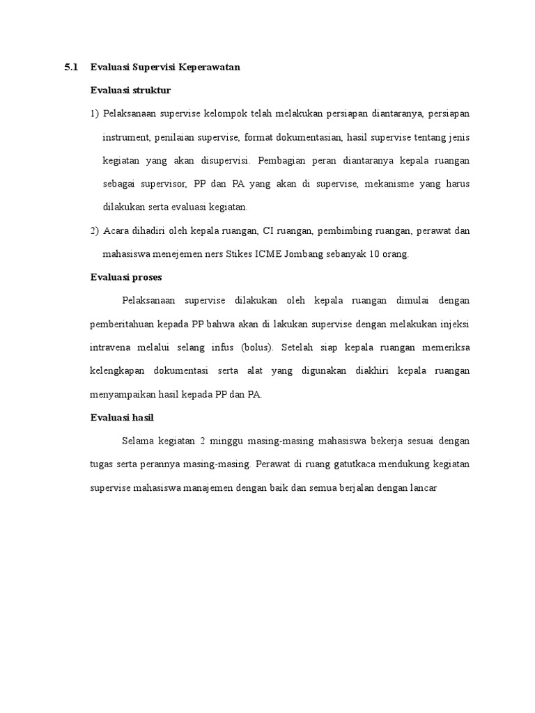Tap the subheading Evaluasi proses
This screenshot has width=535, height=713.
point(126,277)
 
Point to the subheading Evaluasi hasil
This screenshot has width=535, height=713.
point(123,418)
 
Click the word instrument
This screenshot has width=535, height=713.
point(126,137)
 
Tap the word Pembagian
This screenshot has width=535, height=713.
point(280,160)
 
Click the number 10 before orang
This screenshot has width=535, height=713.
point(377,254)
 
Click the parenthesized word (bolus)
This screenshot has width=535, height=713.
point(258,347)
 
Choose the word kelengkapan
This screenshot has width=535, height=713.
point(118,371)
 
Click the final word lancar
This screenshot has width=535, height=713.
point(422,488)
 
